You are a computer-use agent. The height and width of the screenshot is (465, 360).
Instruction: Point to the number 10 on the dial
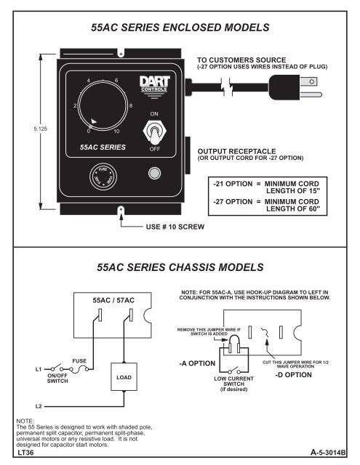[x=116, y=132]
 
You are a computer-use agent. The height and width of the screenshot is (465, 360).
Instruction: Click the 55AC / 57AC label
[x=112, y=299]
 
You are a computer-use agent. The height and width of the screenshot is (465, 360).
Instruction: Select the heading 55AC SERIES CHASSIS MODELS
[x=180, y=268]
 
